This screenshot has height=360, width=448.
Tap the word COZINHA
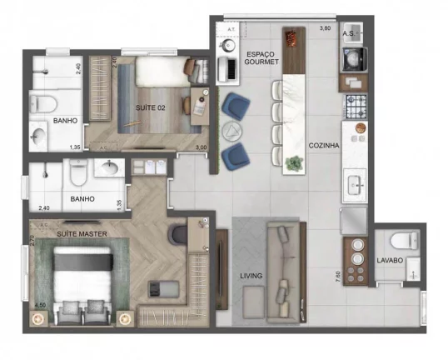[x=323, y=145]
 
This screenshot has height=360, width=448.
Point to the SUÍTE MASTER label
[x=80, y=233]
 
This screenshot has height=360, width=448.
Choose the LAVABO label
[x=390, y=261]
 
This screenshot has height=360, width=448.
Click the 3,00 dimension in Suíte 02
[x=200, y=147]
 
